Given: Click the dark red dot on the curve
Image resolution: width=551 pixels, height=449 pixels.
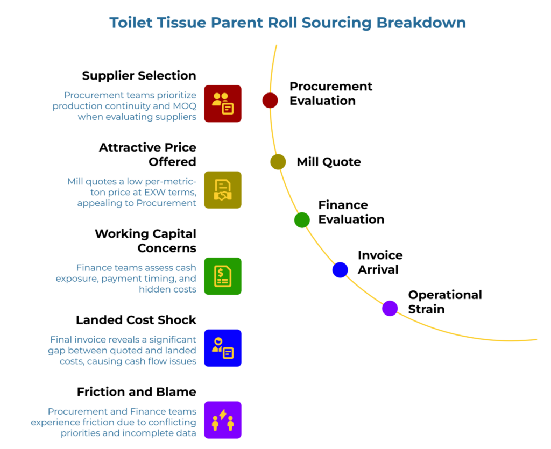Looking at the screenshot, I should click(270, 100).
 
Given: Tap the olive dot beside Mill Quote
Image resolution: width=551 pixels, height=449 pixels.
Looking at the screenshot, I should click(278, 162).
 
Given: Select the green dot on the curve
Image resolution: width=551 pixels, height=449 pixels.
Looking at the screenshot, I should click(302, 219).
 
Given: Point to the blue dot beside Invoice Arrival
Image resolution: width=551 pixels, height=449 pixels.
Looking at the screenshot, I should click(340, 269).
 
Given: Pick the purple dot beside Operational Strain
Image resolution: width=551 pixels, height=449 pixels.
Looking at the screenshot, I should click(390, 309).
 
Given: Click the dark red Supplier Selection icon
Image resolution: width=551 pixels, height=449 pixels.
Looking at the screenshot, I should click(223, 103).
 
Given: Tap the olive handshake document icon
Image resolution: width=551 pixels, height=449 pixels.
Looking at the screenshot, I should click(223, 190).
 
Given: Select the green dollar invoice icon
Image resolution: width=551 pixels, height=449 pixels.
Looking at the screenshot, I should click(223, 276).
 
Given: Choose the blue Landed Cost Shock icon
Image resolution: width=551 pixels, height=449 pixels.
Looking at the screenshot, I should click(223, 348).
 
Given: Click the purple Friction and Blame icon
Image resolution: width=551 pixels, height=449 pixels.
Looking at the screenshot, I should click(223, 419).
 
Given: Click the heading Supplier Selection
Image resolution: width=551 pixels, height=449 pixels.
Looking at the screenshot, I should click(139, 75).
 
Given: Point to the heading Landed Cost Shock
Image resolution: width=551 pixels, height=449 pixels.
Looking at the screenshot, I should click(136, 320).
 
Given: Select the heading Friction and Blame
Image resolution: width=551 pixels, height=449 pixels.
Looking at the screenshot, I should click(136, 391).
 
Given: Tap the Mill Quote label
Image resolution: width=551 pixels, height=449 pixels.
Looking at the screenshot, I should click(329, 162).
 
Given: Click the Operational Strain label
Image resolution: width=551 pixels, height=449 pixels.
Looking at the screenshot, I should click(445, 302).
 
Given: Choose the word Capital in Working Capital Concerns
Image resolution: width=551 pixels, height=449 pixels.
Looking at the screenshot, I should click(167, 233).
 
